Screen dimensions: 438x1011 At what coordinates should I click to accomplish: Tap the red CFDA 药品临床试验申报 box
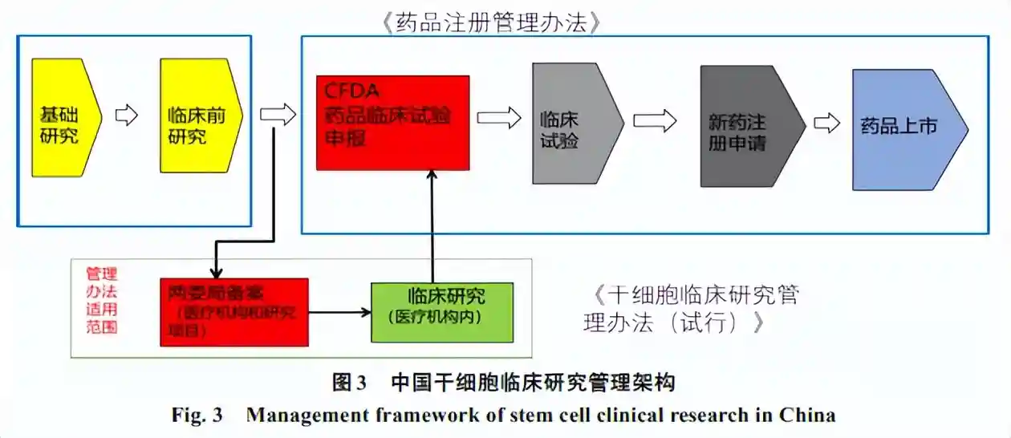click(392, 123)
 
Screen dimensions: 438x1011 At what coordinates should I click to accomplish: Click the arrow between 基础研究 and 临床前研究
click(127, 116)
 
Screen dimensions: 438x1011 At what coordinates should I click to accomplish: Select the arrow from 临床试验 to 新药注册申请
click(655, 120)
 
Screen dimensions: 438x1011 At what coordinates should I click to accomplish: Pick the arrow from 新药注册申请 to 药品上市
click(826, 124)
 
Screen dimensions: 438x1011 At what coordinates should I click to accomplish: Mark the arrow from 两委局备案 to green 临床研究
click(339, 312)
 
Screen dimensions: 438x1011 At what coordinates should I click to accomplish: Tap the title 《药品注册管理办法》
click(492, 22)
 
